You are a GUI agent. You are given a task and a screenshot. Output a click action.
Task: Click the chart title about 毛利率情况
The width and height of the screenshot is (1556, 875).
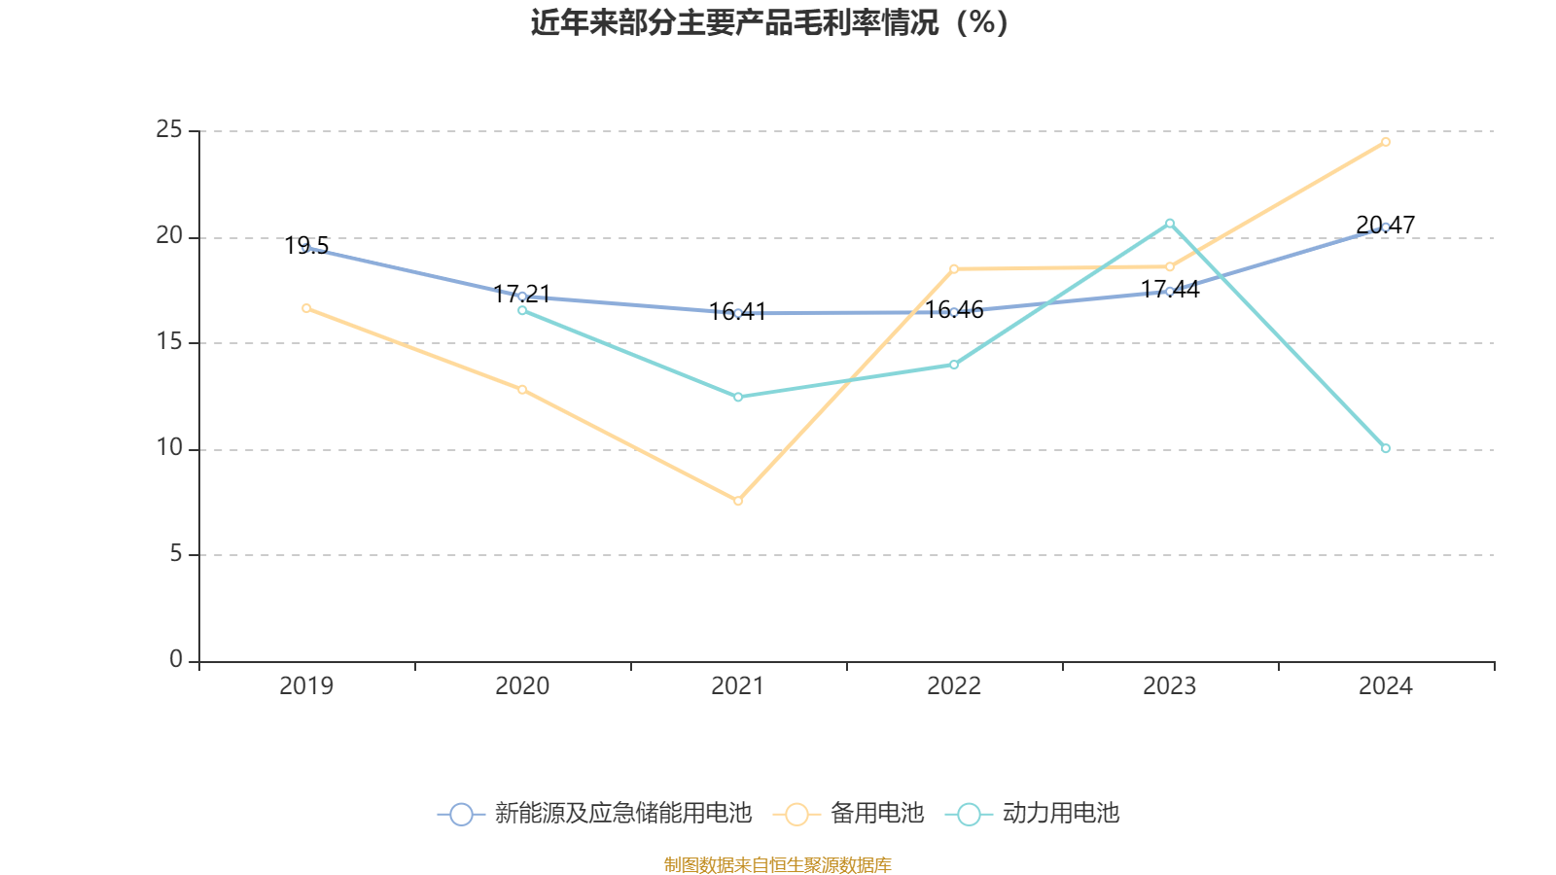769,22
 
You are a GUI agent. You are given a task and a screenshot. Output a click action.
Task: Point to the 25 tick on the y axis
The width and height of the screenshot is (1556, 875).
169,129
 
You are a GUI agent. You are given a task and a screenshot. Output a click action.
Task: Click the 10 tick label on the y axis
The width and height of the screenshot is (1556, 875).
169,447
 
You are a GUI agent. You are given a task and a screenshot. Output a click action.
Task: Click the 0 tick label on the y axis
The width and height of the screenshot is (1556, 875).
175,659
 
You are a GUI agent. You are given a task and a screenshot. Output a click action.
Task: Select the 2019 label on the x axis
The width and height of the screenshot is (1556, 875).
306,686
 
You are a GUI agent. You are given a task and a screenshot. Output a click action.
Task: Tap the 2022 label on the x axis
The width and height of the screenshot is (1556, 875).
954,686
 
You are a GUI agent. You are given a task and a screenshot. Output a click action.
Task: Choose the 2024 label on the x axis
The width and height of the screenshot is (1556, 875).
1385,686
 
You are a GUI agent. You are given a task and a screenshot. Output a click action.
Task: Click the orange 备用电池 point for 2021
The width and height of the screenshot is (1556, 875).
738,501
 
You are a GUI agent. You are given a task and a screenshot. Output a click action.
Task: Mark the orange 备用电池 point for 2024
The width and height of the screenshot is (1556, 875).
1386,142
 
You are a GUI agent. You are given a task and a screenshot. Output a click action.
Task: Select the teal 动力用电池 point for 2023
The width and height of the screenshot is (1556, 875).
1170,223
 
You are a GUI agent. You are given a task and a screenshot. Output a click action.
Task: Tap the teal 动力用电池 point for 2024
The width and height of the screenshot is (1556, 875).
1386,448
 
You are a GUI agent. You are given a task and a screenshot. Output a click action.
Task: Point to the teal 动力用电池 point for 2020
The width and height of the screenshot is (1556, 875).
522,310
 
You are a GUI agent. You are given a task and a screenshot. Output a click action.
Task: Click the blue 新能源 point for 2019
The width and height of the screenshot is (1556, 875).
306,248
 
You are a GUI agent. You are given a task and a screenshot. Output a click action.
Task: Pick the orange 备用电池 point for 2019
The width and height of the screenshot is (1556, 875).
306,308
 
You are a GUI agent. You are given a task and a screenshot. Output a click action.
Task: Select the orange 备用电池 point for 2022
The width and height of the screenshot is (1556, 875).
954,268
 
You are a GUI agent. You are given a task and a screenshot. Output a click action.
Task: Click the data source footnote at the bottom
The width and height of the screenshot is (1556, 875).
777,864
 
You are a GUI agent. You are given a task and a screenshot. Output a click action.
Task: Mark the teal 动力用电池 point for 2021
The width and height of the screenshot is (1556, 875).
738,397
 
